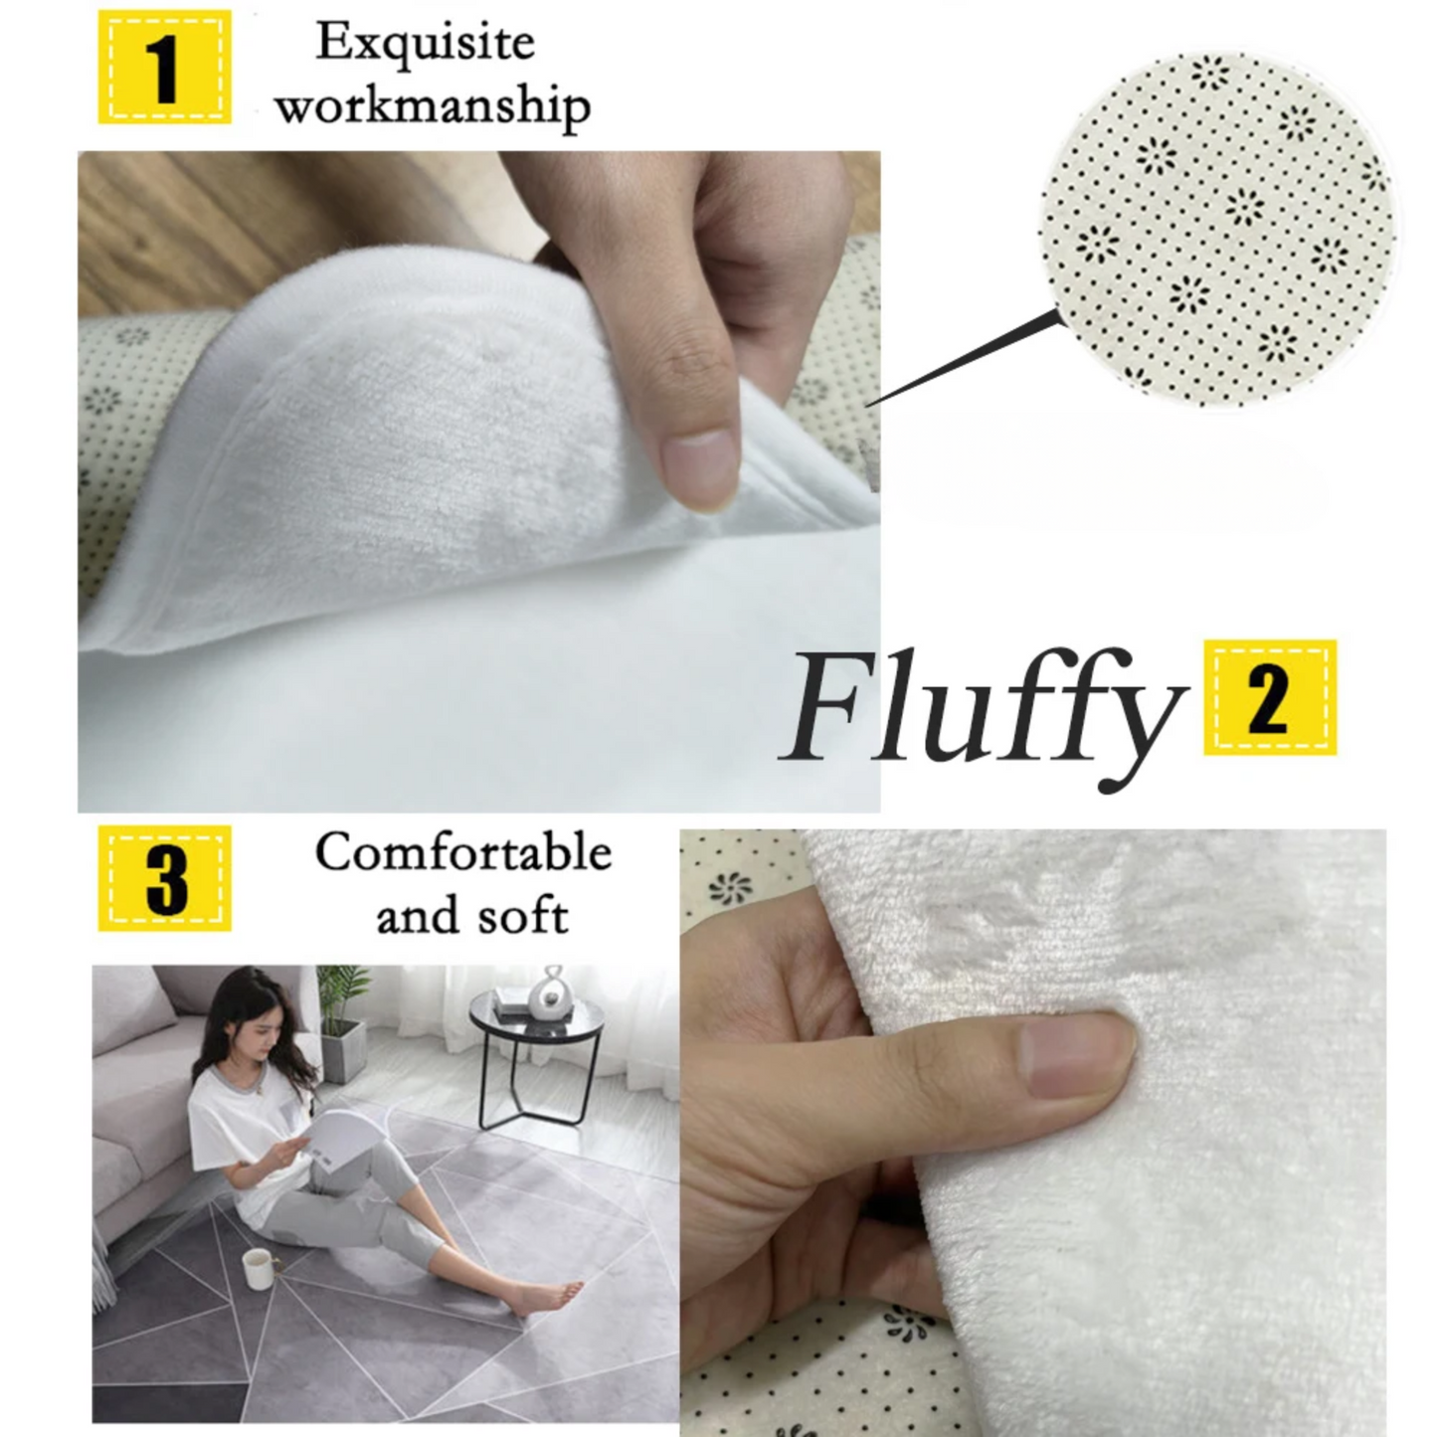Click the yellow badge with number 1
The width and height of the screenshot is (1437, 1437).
point(164,68)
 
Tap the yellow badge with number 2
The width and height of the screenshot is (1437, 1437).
point(1270,698)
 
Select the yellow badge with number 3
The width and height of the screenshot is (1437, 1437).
point(164,878)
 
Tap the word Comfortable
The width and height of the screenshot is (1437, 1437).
point(463,853)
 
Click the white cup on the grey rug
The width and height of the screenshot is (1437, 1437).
point(257,1268)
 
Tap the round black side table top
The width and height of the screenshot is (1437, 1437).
point(537,1014)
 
